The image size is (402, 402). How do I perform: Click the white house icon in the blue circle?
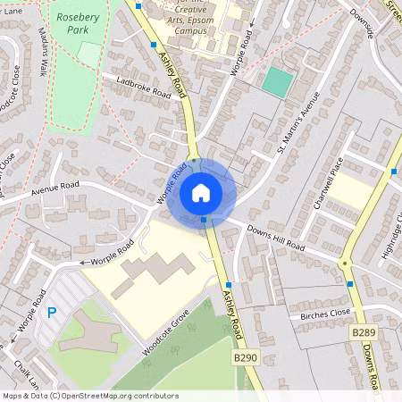pos(201,192)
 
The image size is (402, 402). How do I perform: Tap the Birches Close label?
pos(325,314)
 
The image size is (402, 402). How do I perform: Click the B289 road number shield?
pos(361,332)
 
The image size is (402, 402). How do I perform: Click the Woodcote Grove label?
pos(169,333)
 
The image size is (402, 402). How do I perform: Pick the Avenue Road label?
pos(55,189)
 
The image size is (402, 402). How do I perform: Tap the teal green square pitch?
pos(278,83)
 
